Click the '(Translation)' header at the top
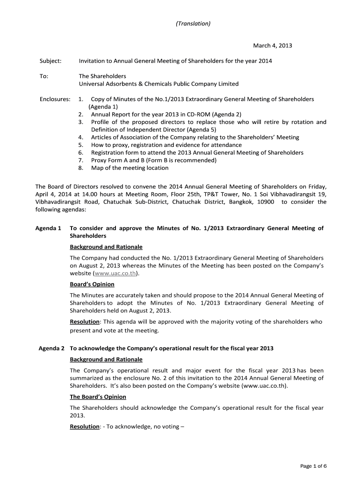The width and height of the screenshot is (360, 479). pyautogui.click(x=193, y=23)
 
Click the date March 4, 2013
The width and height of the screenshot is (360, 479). pyautogui.click(x=273, y=45)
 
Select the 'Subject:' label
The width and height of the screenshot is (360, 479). pyautogui.click(x=49, y=61)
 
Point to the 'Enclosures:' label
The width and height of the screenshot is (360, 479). pyautogui.click(x=55, y=99)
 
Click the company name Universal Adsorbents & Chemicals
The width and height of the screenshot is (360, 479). pyautogui.click(x=158, y=84)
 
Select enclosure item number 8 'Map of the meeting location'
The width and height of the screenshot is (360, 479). pyautogui.click(x=130, y=167)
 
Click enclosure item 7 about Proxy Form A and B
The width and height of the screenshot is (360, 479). pyautogui.click(x=153, y=160)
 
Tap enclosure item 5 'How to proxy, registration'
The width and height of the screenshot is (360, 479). pyautogui.click(x=166, y=145)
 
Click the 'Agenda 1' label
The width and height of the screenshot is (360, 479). pyautogui.click(x=48, y=228)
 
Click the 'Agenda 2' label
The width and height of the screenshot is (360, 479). pyautogui.click(x=50, y=348)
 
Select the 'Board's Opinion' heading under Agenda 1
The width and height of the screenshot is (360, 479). pyautogui.click(x=92, y=284)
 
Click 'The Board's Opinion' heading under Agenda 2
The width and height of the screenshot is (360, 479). pyautogui.click(x=98, y=397)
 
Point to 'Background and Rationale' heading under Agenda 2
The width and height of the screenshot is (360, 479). pyautogui.click(x=106, y=359)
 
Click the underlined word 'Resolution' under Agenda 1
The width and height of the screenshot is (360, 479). pyautogui.click(x=85, y=322)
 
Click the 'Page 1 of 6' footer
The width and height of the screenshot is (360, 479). pyautogui.click(x=313, y=465)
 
